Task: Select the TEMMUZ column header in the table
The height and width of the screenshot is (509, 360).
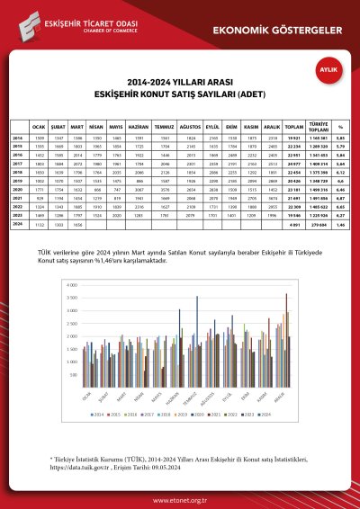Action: click(x=167, y=128)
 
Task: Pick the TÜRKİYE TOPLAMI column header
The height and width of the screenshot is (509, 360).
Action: click(x=316, y=128)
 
